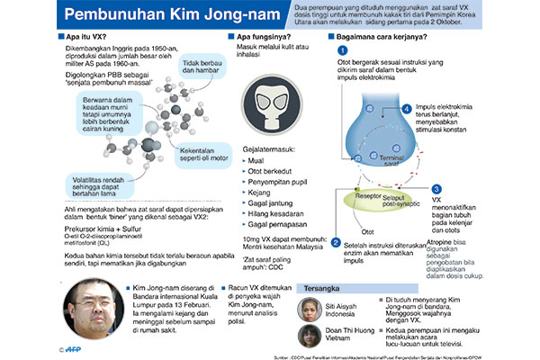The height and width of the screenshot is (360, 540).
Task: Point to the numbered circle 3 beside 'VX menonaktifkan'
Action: (x=436, y=189)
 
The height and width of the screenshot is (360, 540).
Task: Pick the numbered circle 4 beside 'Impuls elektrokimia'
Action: (x=406, y=109)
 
